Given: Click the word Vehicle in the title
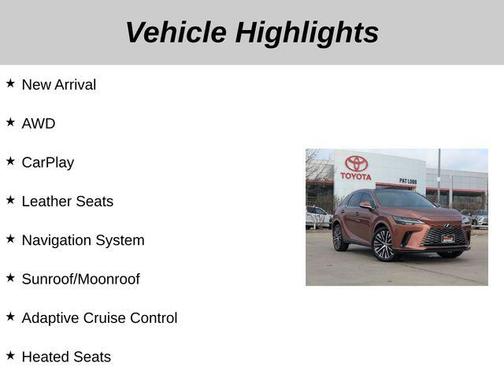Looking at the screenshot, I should point(175,32).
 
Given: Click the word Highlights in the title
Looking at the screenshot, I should point(307,32).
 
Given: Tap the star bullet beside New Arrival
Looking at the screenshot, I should point(10,83).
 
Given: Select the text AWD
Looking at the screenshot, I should point(38,123).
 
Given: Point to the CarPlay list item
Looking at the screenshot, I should point(47,162).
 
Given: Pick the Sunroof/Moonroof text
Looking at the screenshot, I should point(80,279).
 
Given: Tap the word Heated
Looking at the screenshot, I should point(45,357).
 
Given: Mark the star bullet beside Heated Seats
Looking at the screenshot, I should point(10,356).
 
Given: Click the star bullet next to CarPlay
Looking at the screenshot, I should point(10,161).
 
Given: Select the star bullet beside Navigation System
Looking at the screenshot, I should point(10,239).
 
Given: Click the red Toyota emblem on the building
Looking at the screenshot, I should point(357,163).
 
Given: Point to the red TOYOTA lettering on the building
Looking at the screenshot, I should point(355,177).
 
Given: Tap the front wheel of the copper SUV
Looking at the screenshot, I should point(384,243).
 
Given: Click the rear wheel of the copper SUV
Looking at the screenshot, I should point(340,237).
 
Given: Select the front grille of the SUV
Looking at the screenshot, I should point(444,235).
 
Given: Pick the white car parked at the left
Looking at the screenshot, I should point(316,216).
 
